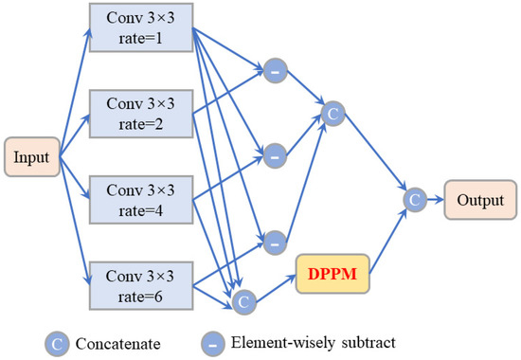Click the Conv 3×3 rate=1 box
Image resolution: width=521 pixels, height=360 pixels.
point(139,30)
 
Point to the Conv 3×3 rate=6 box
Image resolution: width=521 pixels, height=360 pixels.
point(139,282)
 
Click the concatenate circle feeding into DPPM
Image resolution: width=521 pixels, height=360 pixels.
point(243,301)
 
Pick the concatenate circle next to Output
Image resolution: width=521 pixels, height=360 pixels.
point(412,200)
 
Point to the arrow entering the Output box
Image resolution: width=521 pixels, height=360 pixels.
point(434,200)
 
